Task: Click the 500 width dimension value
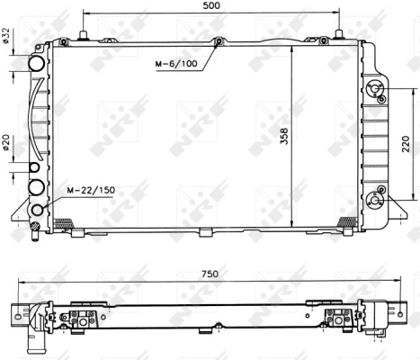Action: point(210,6)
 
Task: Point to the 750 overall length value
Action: point(210,273)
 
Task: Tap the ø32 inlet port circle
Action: point(37,65)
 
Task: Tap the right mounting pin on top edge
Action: point(338,36)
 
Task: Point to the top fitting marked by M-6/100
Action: point(218,41)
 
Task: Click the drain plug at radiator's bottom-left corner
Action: point(35,231)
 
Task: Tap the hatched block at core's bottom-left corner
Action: point(62,222)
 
